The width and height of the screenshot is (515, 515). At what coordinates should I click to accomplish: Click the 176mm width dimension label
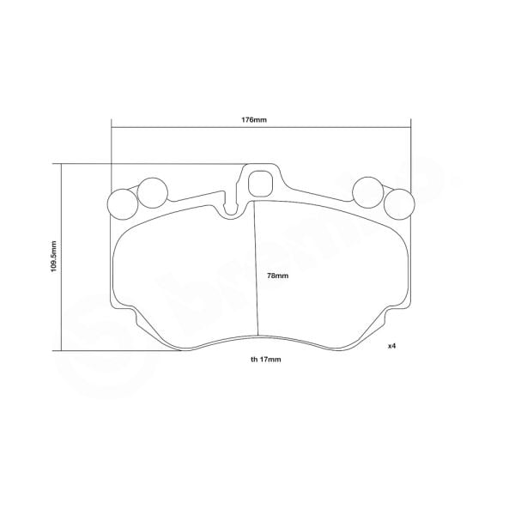point(255,120)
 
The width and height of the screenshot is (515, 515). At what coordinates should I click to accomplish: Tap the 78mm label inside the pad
point(277,276)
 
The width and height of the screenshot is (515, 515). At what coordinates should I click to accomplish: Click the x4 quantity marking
point(391,346)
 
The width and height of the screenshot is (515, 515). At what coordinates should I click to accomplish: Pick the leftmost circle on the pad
point(121,204)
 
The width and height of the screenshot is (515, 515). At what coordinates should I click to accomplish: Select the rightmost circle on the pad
point(398,204)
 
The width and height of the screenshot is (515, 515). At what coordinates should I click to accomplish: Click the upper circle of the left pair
point(153,191)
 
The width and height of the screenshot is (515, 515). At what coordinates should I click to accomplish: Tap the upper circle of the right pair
point(367,191)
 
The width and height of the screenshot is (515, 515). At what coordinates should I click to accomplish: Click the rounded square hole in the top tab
point(259,182)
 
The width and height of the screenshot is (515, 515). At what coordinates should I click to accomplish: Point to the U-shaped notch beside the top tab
point(231,206)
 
